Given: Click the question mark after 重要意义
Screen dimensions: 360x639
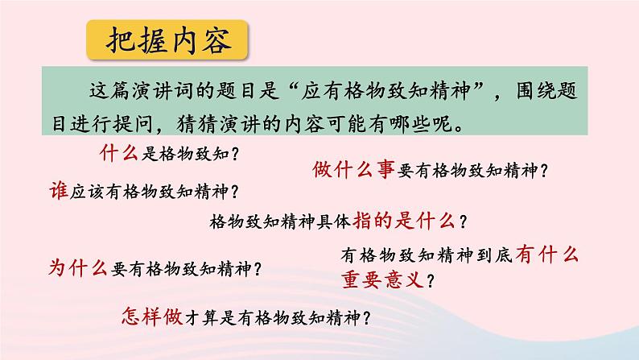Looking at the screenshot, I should pyautogui.click(x=434, y=281).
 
